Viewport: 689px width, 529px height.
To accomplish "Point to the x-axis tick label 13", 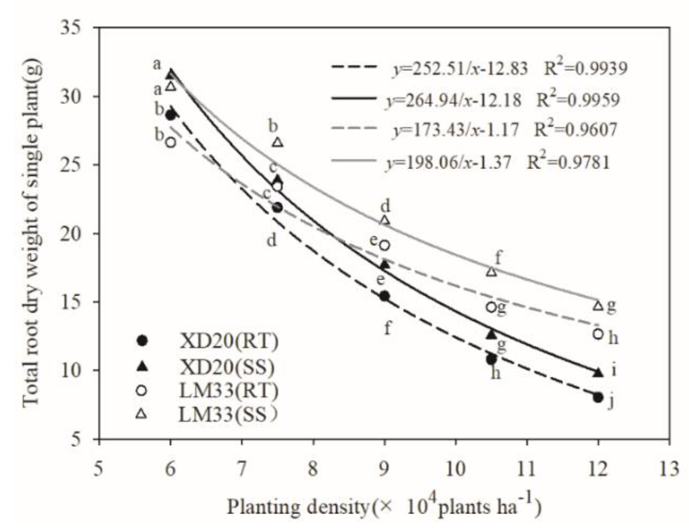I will (x=669, y=469).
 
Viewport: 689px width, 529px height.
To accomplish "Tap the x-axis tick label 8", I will (x=313, y=469).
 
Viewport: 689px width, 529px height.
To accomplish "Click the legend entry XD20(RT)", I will (x=229, y=341).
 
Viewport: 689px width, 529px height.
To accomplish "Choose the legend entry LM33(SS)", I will (x=228, y=415).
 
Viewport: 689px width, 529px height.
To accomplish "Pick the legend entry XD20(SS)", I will (x=227, y=367).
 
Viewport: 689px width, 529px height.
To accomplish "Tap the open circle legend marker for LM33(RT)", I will (x=141, y=391).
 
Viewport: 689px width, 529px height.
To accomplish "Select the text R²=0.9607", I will (x=575, y=130).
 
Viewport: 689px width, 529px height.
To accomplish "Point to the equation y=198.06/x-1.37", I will (x=448, y=163).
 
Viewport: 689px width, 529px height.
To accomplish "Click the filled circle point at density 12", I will (x=598, y=397).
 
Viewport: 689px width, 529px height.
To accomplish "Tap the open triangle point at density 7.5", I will (x=278, y=142).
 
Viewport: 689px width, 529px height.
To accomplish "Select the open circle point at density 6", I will (x=170, y=142).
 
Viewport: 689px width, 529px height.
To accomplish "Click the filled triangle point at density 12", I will (x=598, y=373).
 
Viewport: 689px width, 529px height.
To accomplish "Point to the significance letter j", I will (x=611, y=402).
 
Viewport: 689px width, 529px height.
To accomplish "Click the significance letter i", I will (x=614, y=370).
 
